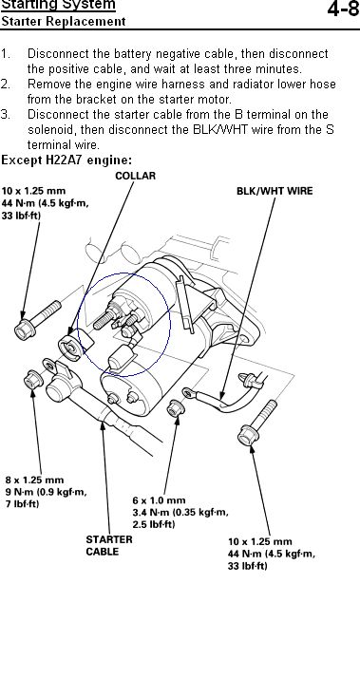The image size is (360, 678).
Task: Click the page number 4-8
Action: pyautogui.click(x=343, y=9)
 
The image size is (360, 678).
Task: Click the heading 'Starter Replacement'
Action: pyautogui.click(x=64, y=21)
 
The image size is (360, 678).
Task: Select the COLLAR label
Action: pyautogui.click(x=136, y=176)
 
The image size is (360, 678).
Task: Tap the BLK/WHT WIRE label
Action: pyautogui.click(x=275, y=191)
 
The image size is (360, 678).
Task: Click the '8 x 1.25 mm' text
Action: pyautogui.click(x=34, y=480)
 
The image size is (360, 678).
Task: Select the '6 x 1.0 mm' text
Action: pyautogui.click(x=159, y=500)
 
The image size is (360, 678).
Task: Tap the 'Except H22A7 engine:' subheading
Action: pyautogui.click(x=66, y=160)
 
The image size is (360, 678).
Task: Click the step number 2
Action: pyautogui.click(x=5, y=84)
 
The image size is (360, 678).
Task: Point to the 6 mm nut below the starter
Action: pyautogui.click(x=175, y=408)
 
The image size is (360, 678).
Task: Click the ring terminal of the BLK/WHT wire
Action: pyautogui.click(x=188, y=392)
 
